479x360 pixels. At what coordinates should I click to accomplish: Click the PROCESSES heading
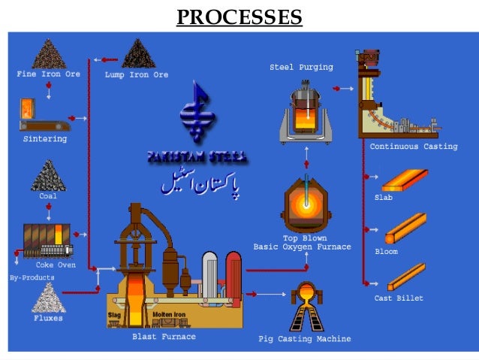point(239,16)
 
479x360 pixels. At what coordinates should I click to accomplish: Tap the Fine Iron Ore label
point(47,75)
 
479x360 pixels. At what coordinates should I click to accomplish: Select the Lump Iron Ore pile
point(137,55)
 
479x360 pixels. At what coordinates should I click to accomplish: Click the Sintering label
point(45,139)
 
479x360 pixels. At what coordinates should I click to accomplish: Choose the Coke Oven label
point(55,265)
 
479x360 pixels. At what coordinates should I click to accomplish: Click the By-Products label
point(32,277)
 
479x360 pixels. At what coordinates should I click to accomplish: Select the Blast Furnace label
point(164,337)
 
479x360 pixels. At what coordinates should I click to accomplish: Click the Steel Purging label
point(301,68)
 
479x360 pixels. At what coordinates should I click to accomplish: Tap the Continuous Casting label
point(413,147)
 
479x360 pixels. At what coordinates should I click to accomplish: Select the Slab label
point(384,197)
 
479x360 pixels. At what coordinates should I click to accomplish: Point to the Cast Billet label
point(399,298)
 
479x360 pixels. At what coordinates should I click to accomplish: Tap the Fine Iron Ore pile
point(48,53)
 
